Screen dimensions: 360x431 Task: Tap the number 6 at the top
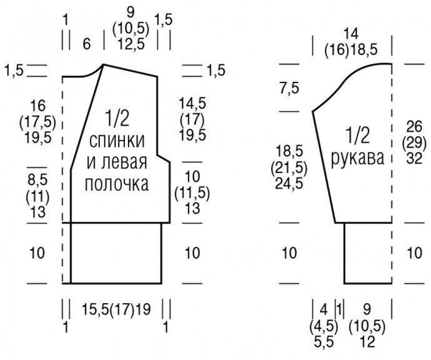(86, 43)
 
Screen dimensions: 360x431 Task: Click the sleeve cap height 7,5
(288, 88)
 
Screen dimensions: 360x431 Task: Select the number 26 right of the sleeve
(415, 126)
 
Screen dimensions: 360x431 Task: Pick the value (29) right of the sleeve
(415, 141)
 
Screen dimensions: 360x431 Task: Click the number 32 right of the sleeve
(415, 156)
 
